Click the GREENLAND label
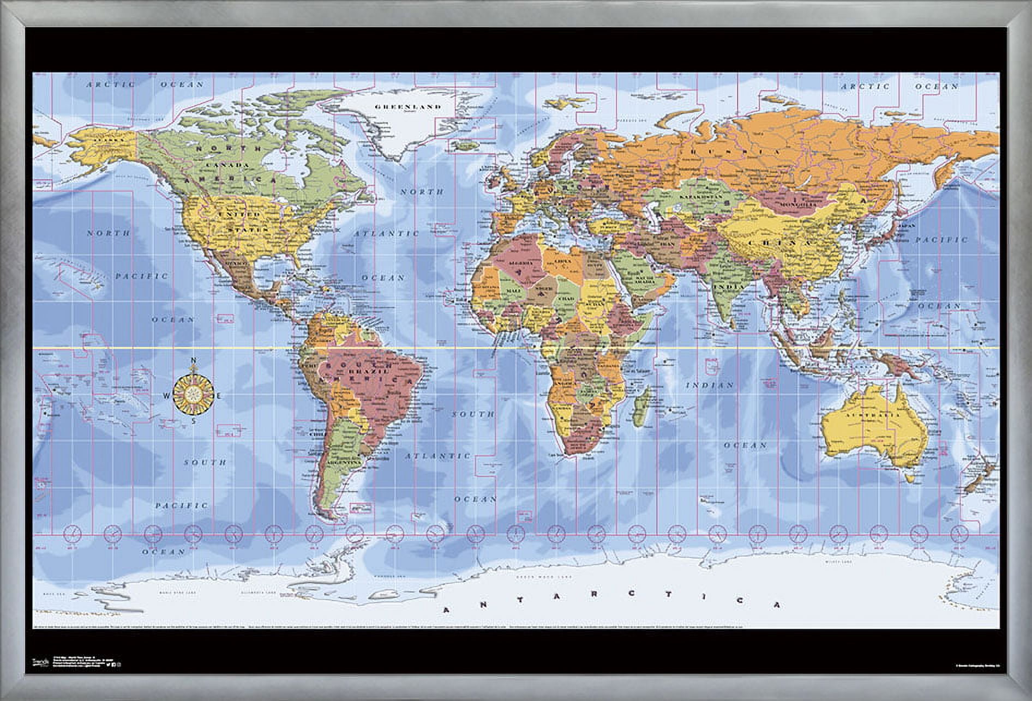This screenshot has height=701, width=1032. (407, 107)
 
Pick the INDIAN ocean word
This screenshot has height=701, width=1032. (710, 385)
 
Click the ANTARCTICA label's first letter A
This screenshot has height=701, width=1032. (446, 611)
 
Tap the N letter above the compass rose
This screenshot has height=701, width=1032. (194, 360)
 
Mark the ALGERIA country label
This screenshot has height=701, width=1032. (520, 263)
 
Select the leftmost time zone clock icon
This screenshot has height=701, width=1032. (73, 534)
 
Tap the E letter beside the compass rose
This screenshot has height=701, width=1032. (219, 396)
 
